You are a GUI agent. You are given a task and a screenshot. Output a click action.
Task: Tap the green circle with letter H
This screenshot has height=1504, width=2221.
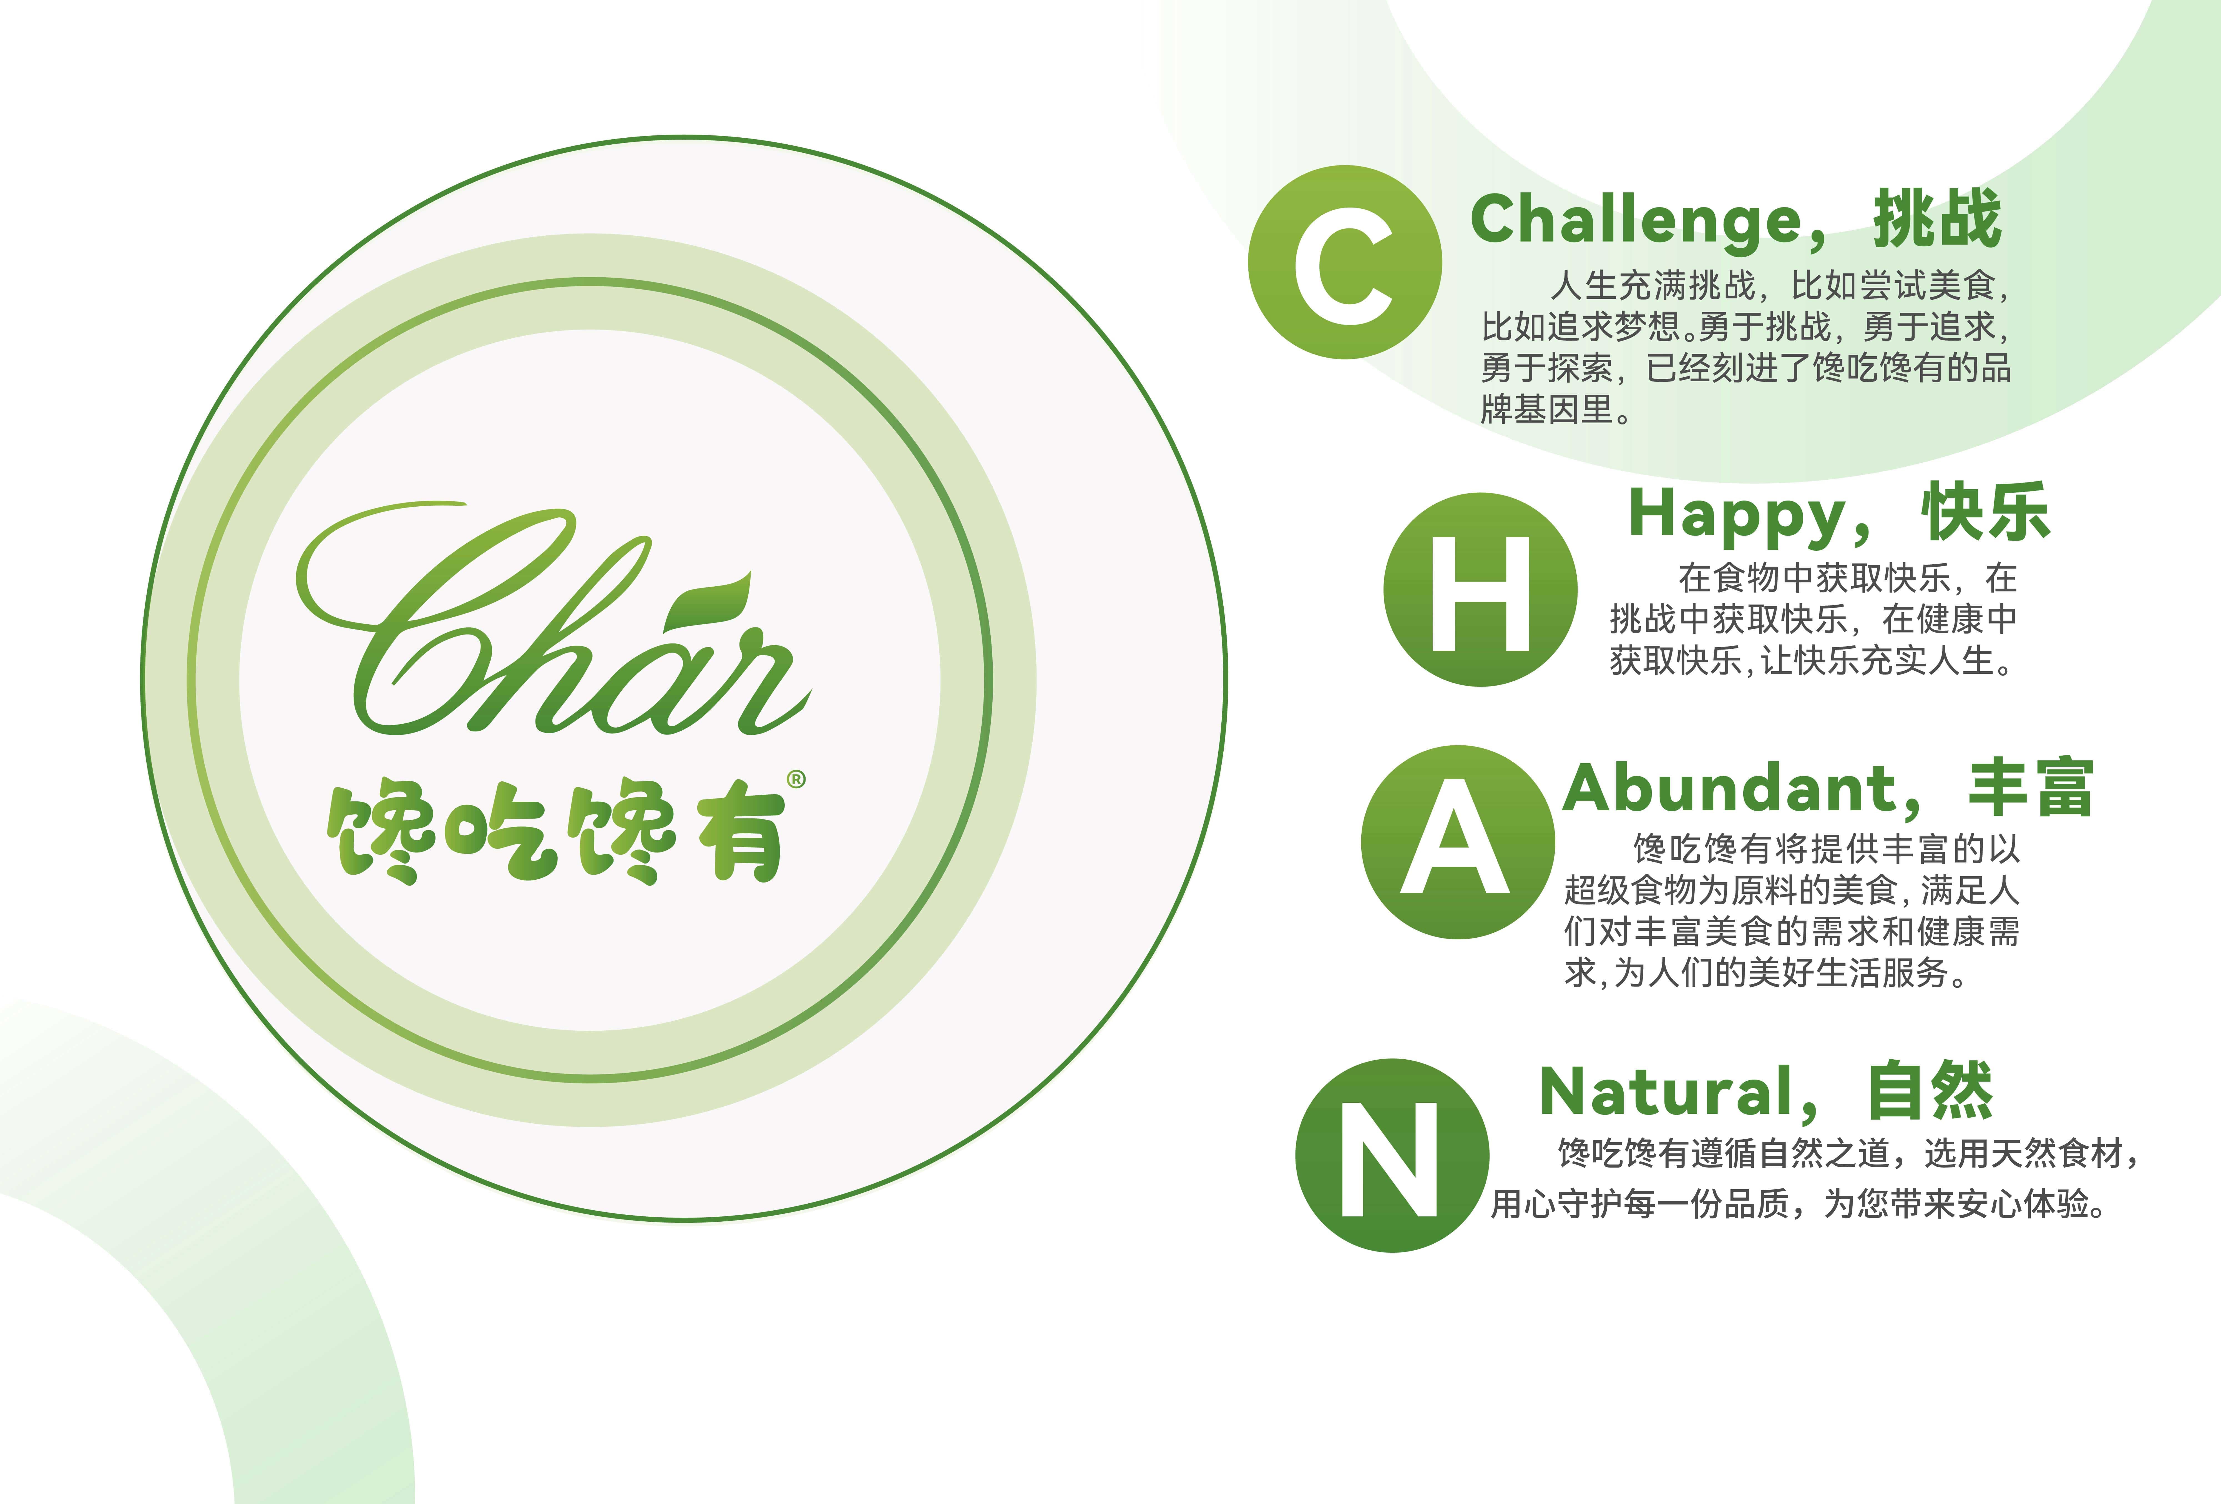click(x=1480, y=590)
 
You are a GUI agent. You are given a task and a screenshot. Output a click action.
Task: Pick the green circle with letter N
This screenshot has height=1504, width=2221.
click(x=1392, y=1155)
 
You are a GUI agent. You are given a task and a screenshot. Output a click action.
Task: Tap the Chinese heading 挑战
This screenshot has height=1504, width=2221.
click(x=1937, y=219)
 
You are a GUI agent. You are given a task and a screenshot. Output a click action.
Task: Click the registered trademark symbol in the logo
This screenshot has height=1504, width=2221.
click(x=796, y=780)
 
